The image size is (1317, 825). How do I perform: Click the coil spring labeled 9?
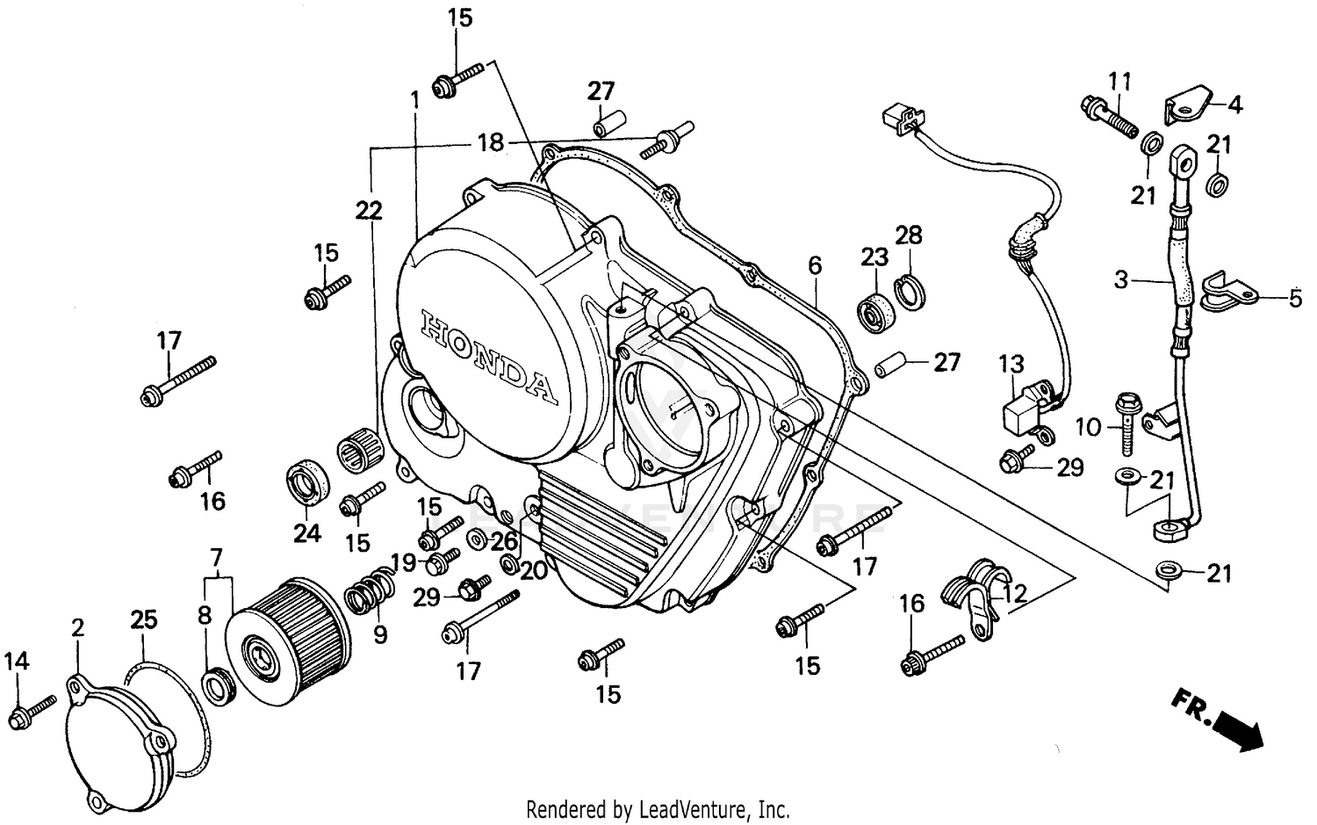pyautogui.click(x=369, y=589)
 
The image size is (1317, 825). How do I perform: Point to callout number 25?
pyautogui.click(x=144, y=619)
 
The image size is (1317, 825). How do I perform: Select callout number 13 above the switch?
pyautogui.click(x=1011, y=363)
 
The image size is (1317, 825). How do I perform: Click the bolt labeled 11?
pyautogui.click(x=1106, y=112)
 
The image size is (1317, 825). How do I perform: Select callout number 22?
pyautogui.click(x=370, y=210)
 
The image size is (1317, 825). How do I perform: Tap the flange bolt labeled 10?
pyautogui.click(x=1126, y=419)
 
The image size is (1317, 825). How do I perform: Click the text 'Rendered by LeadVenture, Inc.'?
pyautogui.click(x=658, y=808)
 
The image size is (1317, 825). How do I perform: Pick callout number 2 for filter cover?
pyautogui.click(x=78, y=627)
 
